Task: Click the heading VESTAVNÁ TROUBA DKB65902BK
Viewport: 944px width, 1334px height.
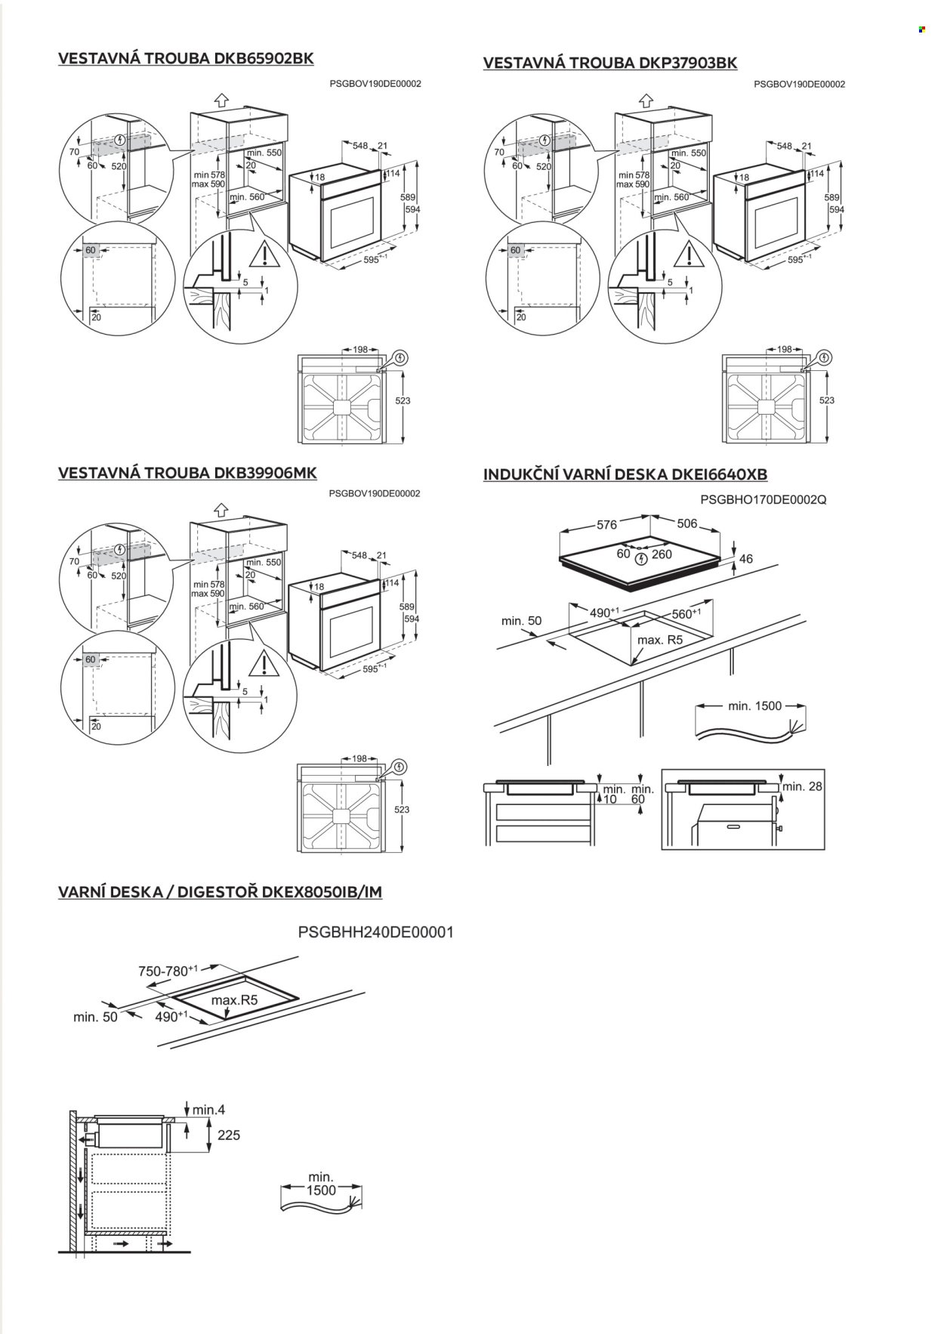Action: (186, 59)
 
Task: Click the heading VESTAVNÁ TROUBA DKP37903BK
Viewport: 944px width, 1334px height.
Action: (610, 63)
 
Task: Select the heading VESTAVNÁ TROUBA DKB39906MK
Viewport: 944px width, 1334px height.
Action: (187, 473)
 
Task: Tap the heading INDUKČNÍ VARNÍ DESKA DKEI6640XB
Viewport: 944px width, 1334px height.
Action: (625, 474)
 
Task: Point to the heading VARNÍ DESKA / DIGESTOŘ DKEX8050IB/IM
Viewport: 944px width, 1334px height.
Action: (221, 892)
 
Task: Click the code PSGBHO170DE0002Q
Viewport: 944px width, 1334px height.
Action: (764, 499)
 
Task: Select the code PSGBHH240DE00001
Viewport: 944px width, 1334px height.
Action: (376, 932)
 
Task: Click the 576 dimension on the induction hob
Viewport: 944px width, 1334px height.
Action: (607, 525)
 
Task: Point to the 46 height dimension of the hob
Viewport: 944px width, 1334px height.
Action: (746, 559)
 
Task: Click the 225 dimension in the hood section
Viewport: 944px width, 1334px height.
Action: (228, 1135)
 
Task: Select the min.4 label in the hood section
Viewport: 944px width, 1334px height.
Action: (208, 1110)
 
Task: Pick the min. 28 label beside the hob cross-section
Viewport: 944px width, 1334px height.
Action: (802, 786)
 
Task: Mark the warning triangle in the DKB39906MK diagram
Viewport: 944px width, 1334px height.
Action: (265, 662)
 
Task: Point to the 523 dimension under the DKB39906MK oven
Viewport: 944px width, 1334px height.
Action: (402, 810)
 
